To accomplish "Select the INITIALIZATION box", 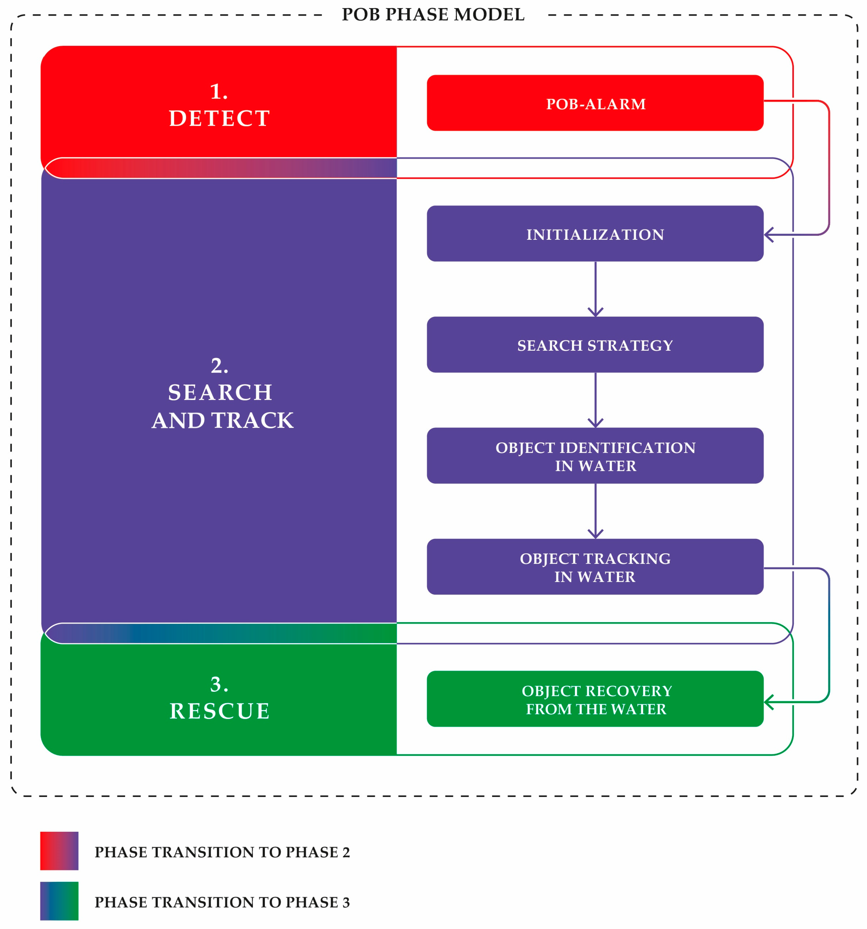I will tap(595, 234).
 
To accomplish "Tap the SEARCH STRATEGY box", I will tap(595, 345).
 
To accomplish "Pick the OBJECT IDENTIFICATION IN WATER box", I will tap(595, 456).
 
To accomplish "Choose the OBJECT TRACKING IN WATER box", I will tap(595, 567).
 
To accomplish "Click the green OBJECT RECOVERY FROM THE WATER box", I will tap(595, 699).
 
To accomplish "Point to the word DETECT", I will tap(219, 118).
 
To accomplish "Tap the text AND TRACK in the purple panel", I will tap(222, 421).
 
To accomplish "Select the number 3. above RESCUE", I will tap(219, 684).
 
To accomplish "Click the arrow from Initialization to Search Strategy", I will tap(595, 290).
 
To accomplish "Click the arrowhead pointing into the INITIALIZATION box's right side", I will tap(769, 235).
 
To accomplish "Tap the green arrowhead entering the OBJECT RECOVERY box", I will tap(769, 702).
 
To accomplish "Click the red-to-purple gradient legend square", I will tap(59, 851).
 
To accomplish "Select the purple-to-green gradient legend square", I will tap(59, 901).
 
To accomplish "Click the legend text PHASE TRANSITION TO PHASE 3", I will tap(222, 902).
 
